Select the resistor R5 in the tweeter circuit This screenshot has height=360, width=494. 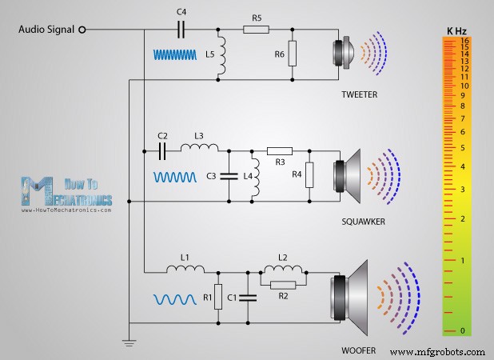(x=256, y=30)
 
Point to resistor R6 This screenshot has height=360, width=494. (x=293, y=54)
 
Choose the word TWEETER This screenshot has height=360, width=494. (x=358, y=94)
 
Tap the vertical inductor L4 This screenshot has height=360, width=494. (x=257, y=175)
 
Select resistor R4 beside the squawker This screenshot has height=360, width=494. (x=309, y=174)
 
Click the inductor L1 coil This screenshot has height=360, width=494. (x=185, y=269)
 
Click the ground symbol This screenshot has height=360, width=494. (x=129, y=342)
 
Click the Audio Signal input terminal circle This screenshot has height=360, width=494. (x=81, y=30)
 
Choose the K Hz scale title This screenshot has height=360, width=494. (x=458, y=30)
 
